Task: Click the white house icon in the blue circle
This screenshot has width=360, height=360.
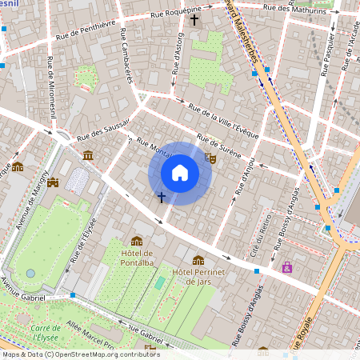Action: click(179, 173)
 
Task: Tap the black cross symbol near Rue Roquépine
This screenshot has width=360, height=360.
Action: click(194, 18)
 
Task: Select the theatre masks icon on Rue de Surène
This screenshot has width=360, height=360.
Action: click(210, 158)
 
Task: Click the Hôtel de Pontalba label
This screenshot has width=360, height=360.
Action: click(137, 260)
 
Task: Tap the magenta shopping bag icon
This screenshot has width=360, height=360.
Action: click(287, 266)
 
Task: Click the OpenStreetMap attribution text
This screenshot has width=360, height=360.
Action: click(80, 354)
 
